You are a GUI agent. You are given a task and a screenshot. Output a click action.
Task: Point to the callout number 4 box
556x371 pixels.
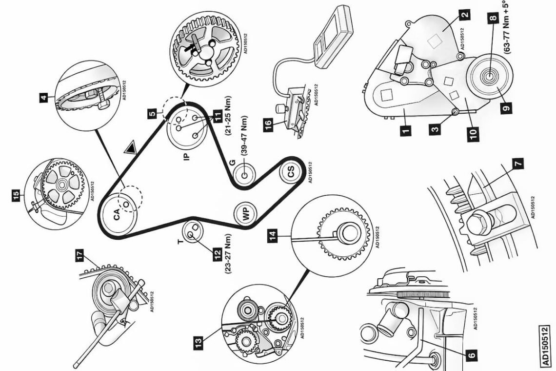coord(44,98)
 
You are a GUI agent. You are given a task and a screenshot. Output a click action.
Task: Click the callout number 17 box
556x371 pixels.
coord(79,254)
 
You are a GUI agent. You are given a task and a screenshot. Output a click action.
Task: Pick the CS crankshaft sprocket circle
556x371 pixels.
coord(291,172)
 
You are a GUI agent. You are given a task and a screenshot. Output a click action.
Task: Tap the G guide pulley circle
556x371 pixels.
coord(243,174)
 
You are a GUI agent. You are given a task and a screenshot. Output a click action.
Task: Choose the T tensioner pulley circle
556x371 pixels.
coord(191,230)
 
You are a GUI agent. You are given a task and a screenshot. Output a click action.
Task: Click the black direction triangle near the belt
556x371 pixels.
coord(130,148)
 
